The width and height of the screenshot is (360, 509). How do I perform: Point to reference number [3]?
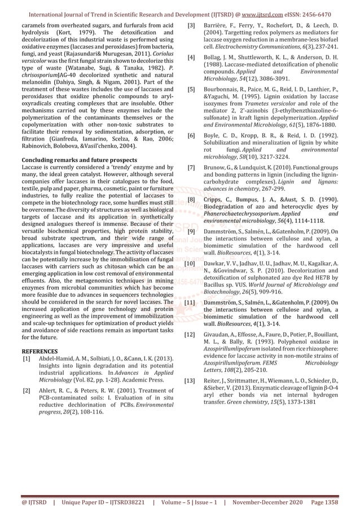[x=192, y=26]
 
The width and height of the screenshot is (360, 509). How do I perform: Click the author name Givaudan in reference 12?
[x=221, y=335]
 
